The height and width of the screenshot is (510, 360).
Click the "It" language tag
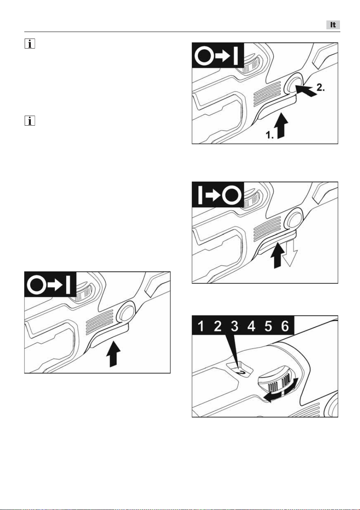(x=333, y=25)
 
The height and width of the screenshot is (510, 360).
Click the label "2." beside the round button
(x=321, y=88)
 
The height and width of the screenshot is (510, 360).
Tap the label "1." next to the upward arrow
(x=270, y=135)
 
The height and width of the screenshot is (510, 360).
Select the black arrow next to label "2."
(x=306, y=90)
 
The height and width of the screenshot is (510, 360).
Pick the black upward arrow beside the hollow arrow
(x=278, y=256)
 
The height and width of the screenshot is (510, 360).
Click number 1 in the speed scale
(x=200, y=326)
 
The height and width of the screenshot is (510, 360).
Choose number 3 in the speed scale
(x=234, y=326)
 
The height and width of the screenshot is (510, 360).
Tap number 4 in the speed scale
(x=251, y=326)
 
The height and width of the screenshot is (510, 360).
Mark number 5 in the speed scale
(x=268, y=326)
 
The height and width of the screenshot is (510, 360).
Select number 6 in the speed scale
(x=285, y=326)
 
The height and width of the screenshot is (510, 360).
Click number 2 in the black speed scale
(x=218, y=326)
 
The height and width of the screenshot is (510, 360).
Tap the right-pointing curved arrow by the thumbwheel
(x=291, y=385)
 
